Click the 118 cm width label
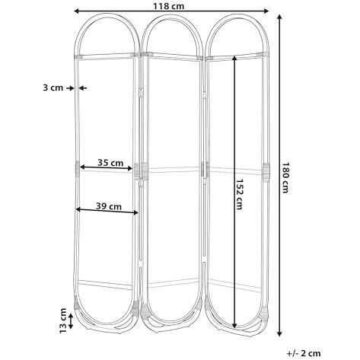pyautogui.click(x=168, y=6)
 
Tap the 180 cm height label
pyautogui.click(x=285, y=177)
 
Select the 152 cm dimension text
pyautogui.click(x=239, y=194)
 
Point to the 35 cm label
pyautogui.click(x=110, y=163)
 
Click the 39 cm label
pyautogui.click(x=109, y=206)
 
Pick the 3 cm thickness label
pyautogui.click(x=53, y=88)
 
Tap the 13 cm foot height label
pyautogui.click(x=62, y=321)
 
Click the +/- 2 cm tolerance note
pyautogui.click(x=304, y=353)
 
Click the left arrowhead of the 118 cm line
pyautogui.click(x=76, y=11)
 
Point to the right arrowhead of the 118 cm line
pyautogui.click(x=266, y=11)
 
